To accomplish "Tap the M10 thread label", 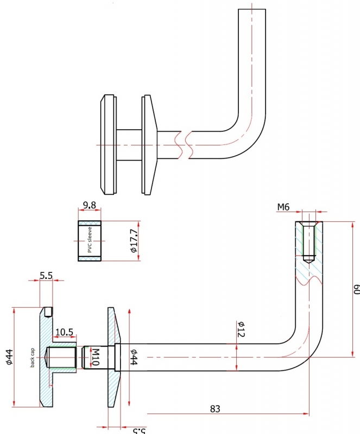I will coord(94,358).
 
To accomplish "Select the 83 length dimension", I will coord(215,407).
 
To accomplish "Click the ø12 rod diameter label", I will coord(241,330).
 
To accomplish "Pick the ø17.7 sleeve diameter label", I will coord(134,241).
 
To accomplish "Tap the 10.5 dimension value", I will coord(64,331).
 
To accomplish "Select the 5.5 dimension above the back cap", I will coord(46,276).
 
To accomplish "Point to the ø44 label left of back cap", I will coord(9,356).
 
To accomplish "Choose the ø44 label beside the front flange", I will coord(134,358).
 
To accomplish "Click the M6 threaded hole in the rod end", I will coord(308,239).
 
